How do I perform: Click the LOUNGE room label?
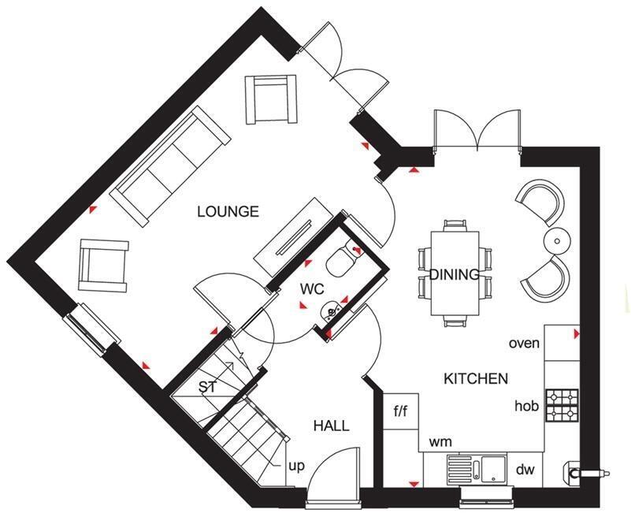(228, 211)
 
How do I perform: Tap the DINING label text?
(454, 275)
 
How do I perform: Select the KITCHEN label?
(475, 379)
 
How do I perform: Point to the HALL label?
(331, 426)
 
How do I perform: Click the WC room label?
(312, 288)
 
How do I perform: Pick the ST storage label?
(207, 387)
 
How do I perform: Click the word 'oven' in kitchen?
(524, 343)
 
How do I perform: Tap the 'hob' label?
(526, 407)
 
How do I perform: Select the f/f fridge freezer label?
(401, 411)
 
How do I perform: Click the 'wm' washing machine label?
(439, 441)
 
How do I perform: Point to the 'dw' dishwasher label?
(525, 470)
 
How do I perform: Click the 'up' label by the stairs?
(296, 466)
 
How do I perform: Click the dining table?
(454, 273)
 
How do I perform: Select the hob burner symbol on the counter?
(562, 404)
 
